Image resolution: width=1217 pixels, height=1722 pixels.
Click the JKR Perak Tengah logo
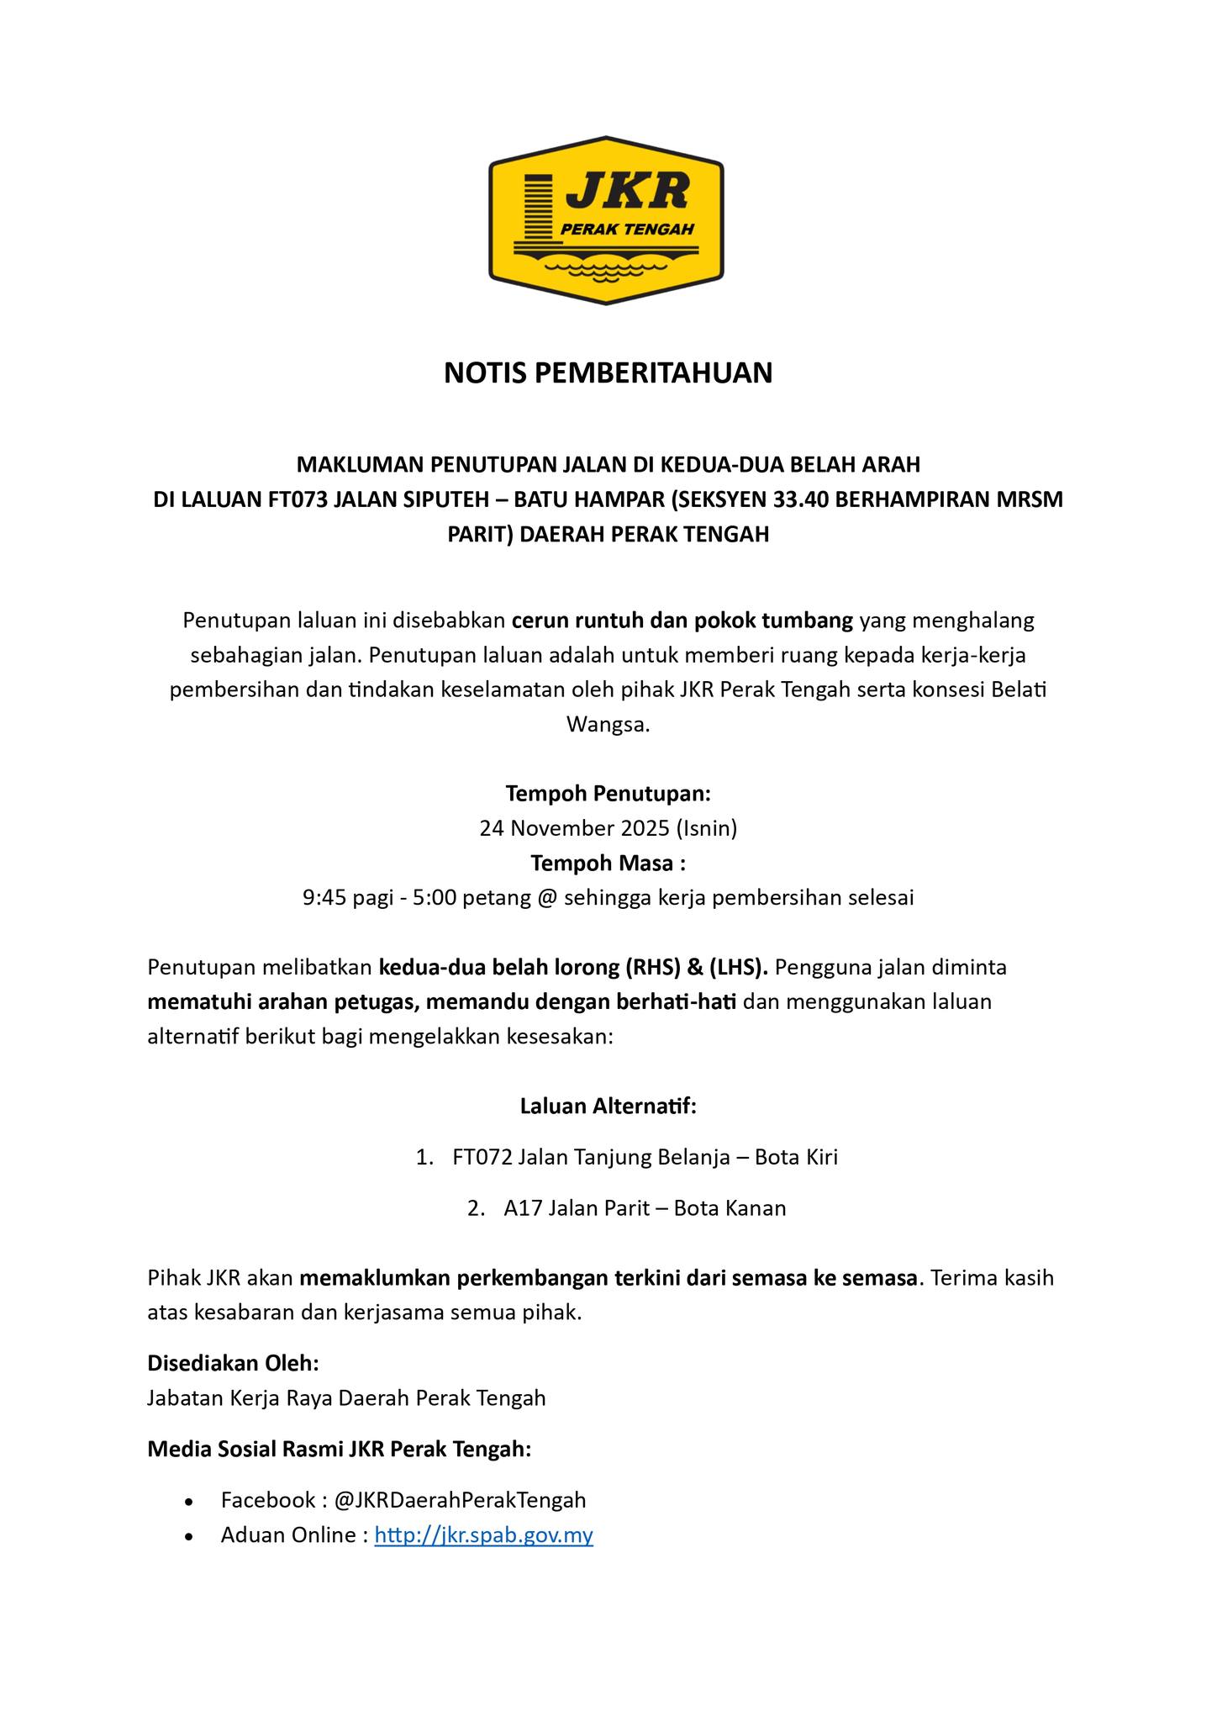tap(607, 220)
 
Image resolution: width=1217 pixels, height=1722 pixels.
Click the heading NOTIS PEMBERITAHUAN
tap(608, 372)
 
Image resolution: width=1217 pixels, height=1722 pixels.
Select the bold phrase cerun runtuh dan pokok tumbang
tap(682, 621)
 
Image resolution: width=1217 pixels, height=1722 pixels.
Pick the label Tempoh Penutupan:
tap(608, 793)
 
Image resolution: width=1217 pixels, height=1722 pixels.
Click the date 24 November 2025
tap(574, 828)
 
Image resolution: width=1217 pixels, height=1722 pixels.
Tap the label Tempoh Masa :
tap(608, 864)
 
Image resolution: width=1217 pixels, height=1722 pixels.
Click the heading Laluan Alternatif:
tap(608, 1106)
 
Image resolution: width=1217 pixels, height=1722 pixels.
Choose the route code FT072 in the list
tap(482, 1157)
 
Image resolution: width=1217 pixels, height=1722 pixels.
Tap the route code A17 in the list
tap(522, 1208)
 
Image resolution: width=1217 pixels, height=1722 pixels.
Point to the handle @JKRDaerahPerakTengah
tap(460, 1499)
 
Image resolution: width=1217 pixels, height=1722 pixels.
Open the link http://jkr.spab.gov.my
tap(483, 1534)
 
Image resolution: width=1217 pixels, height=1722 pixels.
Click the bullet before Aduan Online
tap(190, 1536)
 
